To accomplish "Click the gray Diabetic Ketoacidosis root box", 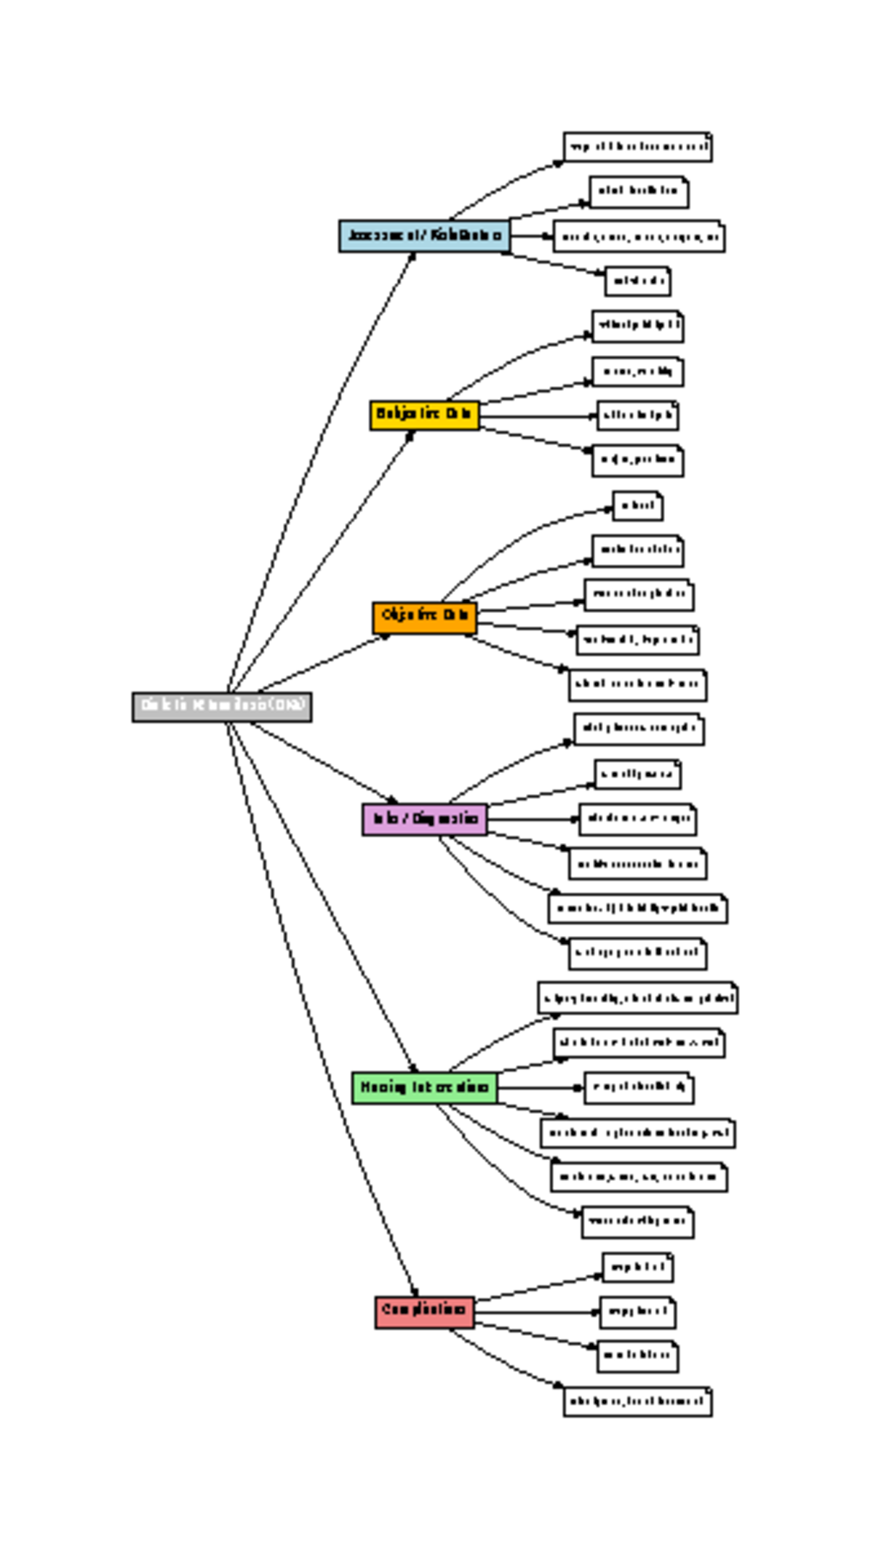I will (x=222, y=707).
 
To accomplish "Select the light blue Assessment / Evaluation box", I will (x=424, y=236).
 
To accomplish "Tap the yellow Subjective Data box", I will (x=424, y=415).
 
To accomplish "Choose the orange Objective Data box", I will (x=424, y=617).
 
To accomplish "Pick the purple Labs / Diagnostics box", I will (x=424, y=820).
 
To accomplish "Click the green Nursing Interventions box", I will (x=424, y=1088).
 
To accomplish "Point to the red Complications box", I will (x=424, y=1311).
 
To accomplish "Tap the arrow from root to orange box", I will (x=320, y=663).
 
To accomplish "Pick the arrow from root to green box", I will (x=320, y=894).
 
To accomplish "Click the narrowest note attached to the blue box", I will (x=637, y=281).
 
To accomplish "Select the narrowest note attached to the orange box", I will (x=637, y=506).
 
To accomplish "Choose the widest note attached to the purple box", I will (x=637, y=909).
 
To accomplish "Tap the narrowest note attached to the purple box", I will (x=637, y=774).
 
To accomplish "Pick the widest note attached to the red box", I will (x=637, y=1401).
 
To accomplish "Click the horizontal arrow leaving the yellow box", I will (x=538, y=417).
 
